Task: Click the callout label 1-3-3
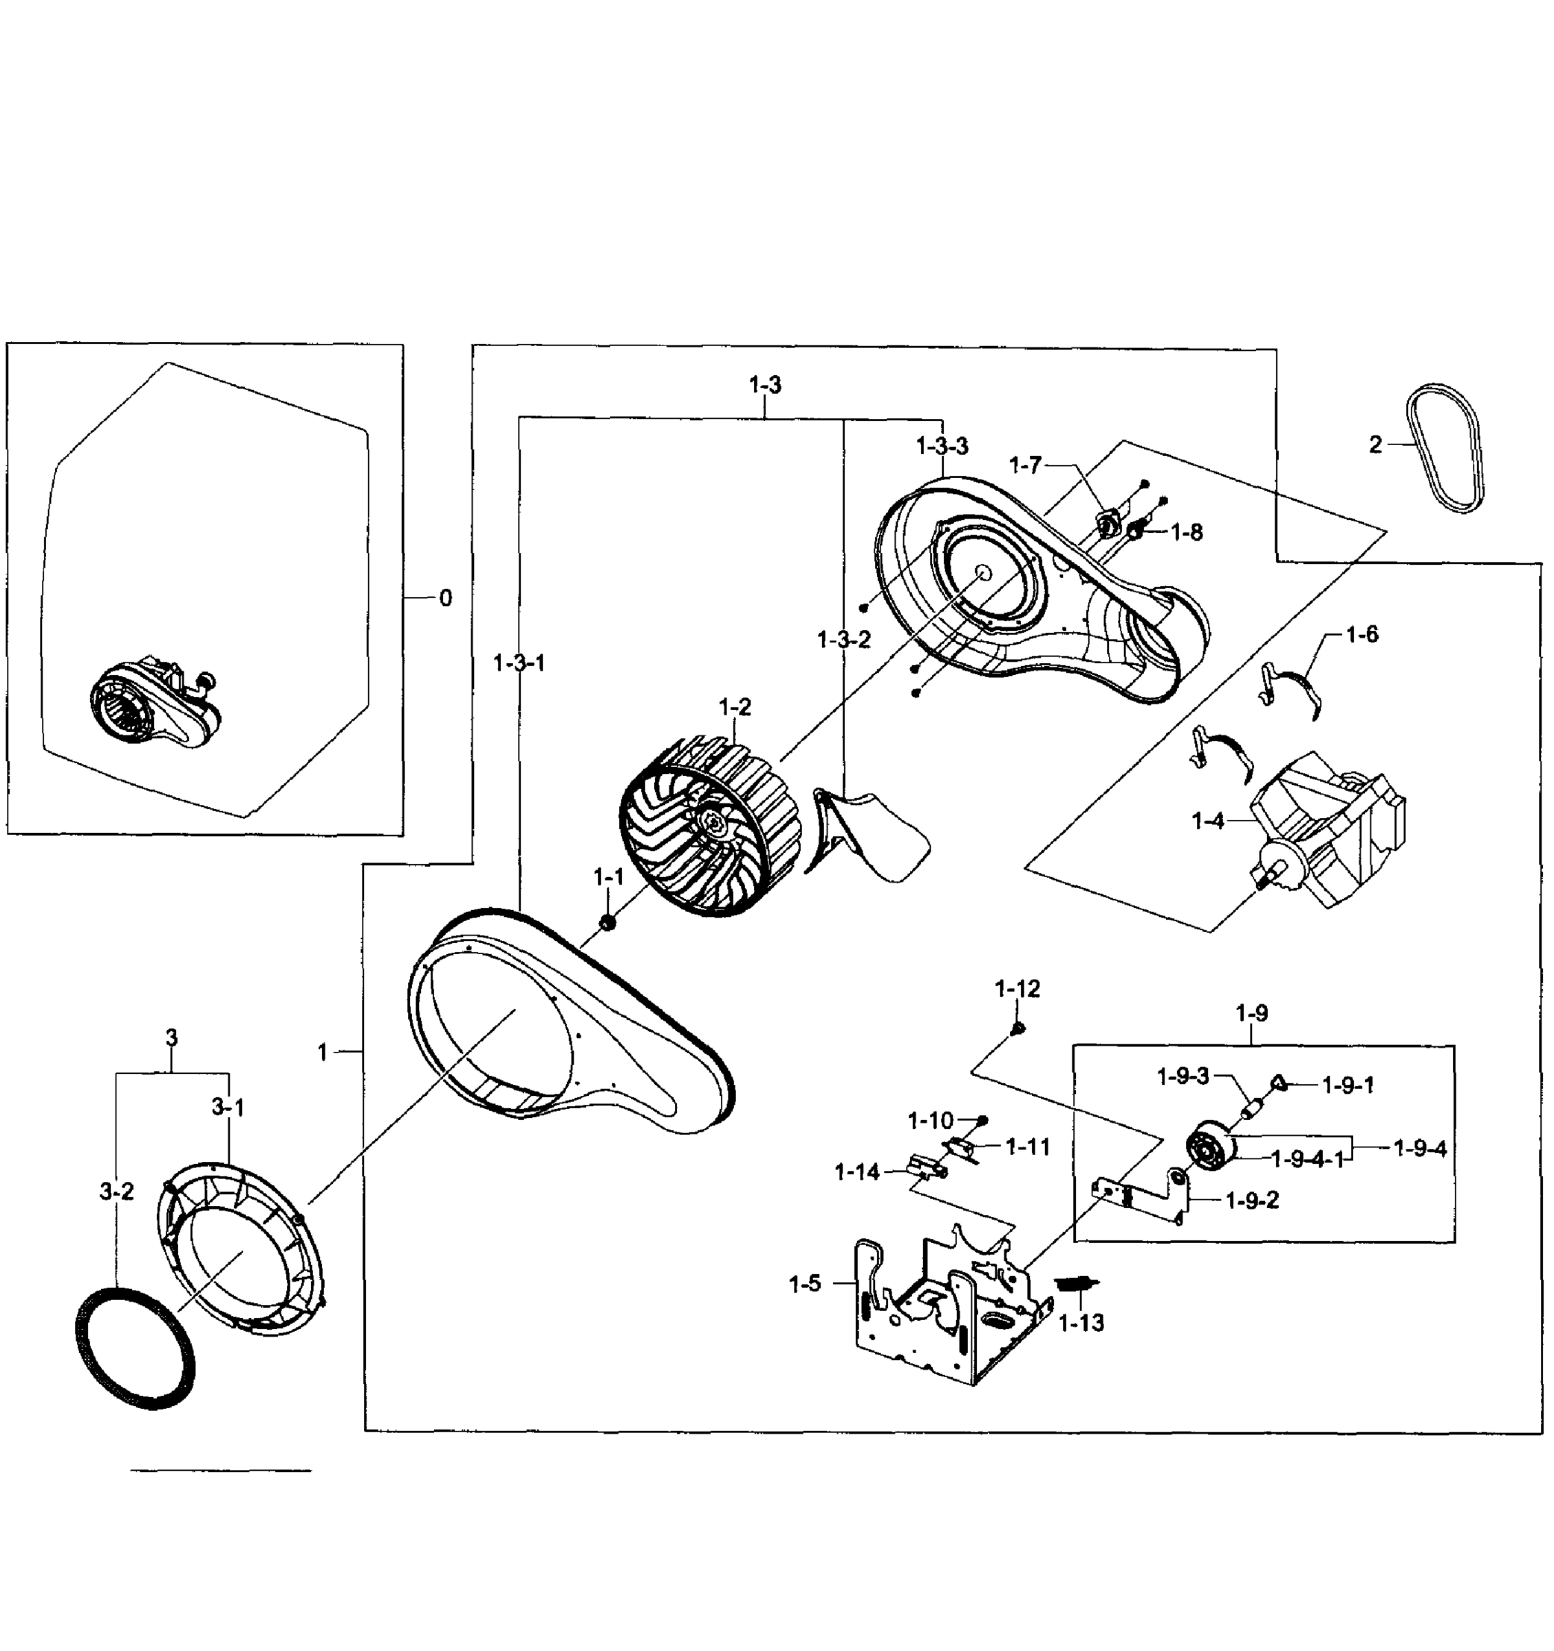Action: click(x=942, y=446)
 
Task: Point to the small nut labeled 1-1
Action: click(x=607, y=922)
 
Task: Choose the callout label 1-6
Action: click(x=1362, y=634)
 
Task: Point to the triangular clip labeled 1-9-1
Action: click(x=1279, y=1081)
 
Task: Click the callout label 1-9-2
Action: click(x=1252, y=1200)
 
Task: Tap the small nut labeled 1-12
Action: click(x=1017, y=1028)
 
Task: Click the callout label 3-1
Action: click(x=228, y=1106)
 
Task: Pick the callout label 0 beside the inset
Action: click(x=445, y=598)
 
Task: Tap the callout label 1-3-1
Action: click(x=519, y=662)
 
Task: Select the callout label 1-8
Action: click(x=1186, y=532)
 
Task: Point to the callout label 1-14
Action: click(x=856, y=1172)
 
